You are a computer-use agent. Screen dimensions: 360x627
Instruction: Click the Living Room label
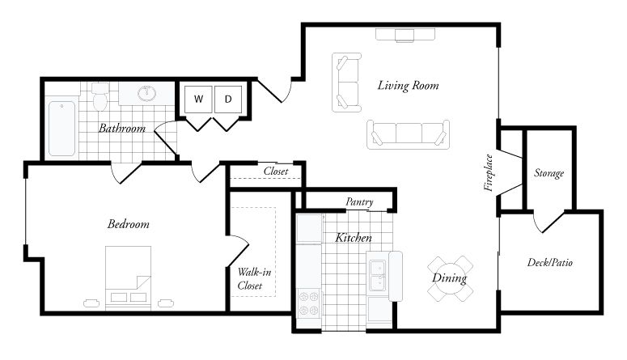pyautogui.click(x=408, y=85)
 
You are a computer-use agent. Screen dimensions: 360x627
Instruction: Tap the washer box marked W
pyautogui.click(x=197, y=100)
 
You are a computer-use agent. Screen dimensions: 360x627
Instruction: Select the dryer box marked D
pyautogui.click(x=228, y=100)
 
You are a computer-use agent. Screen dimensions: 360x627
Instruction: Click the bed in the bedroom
pyautogui.click(x=129, y=275)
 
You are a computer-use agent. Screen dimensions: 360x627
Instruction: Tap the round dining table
pyautogui.click(x=450, y=279)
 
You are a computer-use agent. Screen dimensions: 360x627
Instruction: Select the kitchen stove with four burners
pyautogui.click(x=309, y=304)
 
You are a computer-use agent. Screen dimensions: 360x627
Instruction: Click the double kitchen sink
pyautogui.click(x=377, y=274)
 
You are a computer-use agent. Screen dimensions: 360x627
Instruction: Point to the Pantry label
pyautogui.click(x=358, y=201)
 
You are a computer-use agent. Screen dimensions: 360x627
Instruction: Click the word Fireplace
pyautogui.click(x=489, y=173)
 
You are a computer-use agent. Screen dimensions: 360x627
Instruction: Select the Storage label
pyautogui.click(x=549, y=173)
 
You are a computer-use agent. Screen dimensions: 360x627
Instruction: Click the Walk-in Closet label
pyautogui.click(x=253, y=279)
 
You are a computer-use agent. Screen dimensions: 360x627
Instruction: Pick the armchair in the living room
pyautogui.click(x=347, y=81)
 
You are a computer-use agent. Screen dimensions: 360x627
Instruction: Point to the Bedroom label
pyautogui.click(x=129, y=224)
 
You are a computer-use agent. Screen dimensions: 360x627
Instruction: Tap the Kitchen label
pyautogui.click(x=354, y=238)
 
